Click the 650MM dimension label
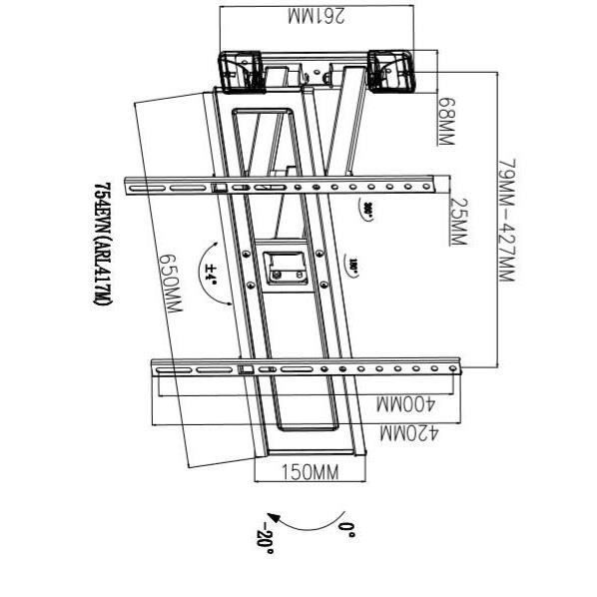coord(170,280)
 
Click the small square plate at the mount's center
coord(284,268)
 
